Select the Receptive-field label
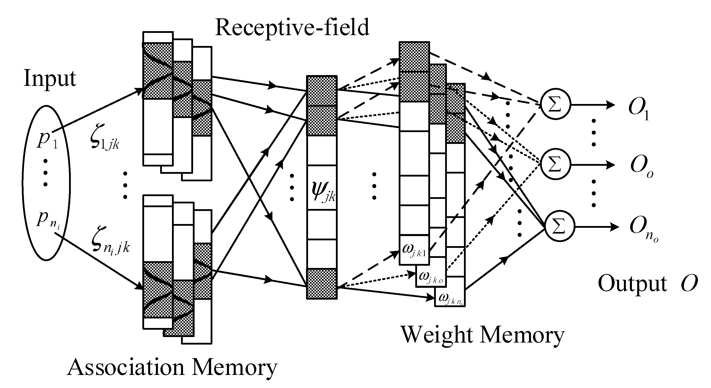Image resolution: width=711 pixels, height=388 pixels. [x=292, y=28]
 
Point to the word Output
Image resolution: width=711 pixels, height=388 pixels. [x=632, y=284]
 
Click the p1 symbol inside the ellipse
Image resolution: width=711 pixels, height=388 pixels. [x=47, y=139]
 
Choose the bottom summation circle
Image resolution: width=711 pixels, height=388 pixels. [x=559, y=226]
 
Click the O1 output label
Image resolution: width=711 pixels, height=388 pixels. [x=638, y=108]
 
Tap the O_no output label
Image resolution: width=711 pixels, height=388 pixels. [x=643, y=228]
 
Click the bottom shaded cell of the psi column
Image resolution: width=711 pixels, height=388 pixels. [x=322, y=284]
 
